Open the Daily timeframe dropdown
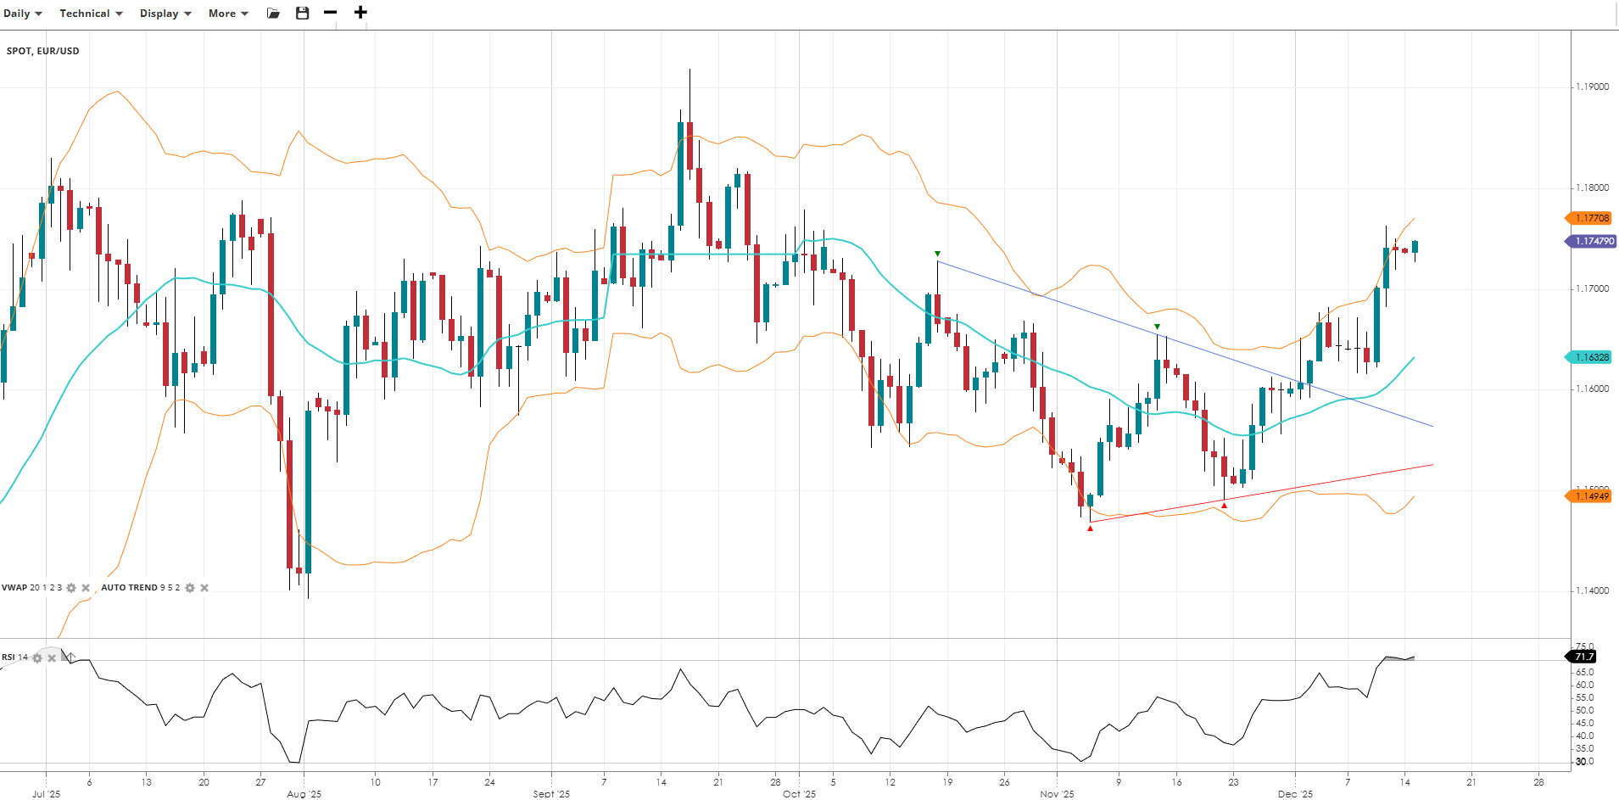pos(22,14)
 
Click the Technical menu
pos(91,14)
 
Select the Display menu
pos(165,14)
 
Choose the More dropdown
pos(228,14)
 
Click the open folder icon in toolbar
pos(273,14)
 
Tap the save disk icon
pos(302,14)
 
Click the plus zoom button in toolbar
pos(360,13)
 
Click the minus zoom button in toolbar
pos(331,13)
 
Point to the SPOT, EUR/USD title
pos(43,51)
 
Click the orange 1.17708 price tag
pos(1590,218)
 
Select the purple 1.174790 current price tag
pos(1592,241)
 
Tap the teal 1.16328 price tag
pos(1590,357)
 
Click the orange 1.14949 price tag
pos(1590,496)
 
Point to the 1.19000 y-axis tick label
pos(1592,87)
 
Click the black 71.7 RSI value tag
pos(1583,657)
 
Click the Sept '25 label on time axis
pos(551,794)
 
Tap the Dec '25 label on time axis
pos(1295,794)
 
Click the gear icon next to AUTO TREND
pos(190,588)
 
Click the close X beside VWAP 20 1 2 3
pos(86,588)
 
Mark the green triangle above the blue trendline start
pos(937,254)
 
